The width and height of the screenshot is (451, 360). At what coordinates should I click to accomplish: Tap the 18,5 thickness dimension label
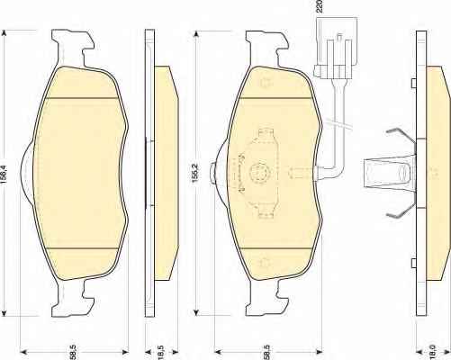point(161,352)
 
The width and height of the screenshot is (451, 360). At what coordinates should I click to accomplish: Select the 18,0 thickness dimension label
point(433,352)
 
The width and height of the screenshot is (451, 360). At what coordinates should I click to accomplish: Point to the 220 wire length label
point(320,6)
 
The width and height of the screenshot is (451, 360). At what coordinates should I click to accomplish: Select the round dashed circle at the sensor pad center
point(259,173)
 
